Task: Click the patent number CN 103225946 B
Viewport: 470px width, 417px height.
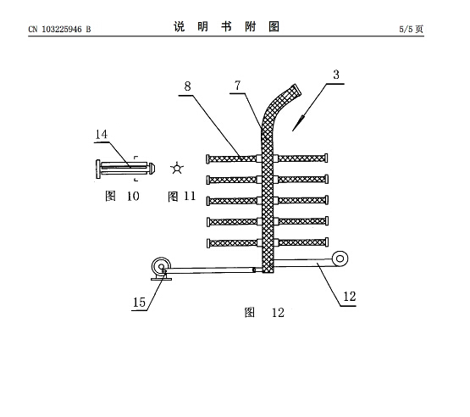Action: [x=59, y=29]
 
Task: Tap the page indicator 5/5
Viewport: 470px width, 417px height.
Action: [x=406, y=29]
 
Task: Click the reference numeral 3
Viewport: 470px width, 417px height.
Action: [x=336, y=75]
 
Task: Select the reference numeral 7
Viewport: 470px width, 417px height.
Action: [x=237, y=86]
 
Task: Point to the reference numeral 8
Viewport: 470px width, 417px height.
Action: [x=187, y=86]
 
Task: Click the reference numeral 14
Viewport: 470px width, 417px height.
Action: [x=101, y=134]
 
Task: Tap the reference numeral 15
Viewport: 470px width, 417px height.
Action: [x=139, y=302]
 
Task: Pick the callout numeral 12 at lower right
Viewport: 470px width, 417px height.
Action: [x=349, y=297]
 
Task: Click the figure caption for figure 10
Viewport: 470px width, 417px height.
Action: [x=122, y=196]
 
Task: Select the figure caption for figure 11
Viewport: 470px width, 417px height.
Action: [x=181, y=197]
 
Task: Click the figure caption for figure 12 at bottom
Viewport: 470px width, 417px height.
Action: [x=264, y=313]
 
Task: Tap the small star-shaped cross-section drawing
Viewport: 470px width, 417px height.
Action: [x=177, y=169]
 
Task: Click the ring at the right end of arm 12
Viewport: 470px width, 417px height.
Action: [x=340, y=259]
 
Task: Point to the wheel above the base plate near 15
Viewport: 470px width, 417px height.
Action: [x=161, y=266]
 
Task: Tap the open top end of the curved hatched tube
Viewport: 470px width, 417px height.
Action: [x=296, y=90]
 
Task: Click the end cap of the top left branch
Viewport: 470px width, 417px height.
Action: [x=207, y=159]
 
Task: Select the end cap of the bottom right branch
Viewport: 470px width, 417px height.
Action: [x=327, y=242]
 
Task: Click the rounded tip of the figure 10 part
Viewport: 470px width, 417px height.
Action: [x=152, y=168]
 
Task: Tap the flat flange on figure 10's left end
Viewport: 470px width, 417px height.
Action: [x=98, y=170]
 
